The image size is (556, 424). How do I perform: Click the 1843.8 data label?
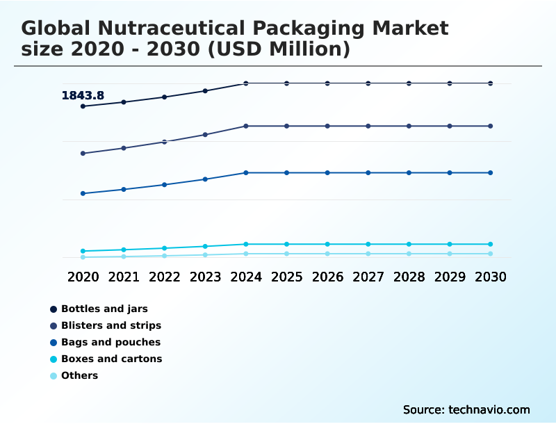[x=83, y=95]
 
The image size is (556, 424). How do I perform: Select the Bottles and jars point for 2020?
[x=83, y=106]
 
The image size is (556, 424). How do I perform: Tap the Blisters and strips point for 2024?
[x=246, y=126]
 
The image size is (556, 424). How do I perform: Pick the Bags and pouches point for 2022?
[x=165, y=185]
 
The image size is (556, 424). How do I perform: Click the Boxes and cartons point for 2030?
[x=490, y=244]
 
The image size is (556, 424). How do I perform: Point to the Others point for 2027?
[x=368, y=254]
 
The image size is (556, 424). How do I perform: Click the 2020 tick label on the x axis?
[x=83, y=277]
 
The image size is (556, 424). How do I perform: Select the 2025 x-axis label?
[x=286, y=277]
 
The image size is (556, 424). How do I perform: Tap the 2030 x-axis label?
[x=490, y=277]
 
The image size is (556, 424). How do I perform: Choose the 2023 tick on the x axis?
[x=205, y=277]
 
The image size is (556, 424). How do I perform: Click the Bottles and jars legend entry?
[x=104, y=309]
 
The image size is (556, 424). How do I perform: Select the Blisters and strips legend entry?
[x=111, y=325]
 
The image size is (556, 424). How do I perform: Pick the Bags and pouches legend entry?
[x=111, y=342]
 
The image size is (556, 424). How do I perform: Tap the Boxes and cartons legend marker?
[x=54, y=359]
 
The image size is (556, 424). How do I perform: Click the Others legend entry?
[x=79, y=375]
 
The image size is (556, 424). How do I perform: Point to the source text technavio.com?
[x=489, y=409]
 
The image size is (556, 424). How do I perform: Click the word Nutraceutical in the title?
[x=177, y=28]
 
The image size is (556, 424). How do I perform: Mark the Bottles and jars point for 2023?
[x=205, y=91]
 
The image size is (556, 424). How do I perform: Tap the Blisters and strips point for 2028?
[x=409, y=126]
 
